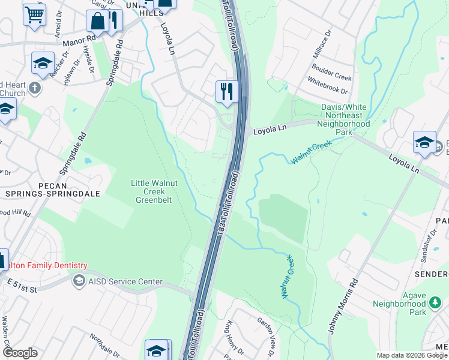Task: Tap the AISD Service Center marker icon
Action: click(79, 281)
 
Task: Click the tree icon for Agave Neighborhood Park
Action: click(434, 311)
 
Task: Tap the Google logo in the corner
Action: click(20, 353)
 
